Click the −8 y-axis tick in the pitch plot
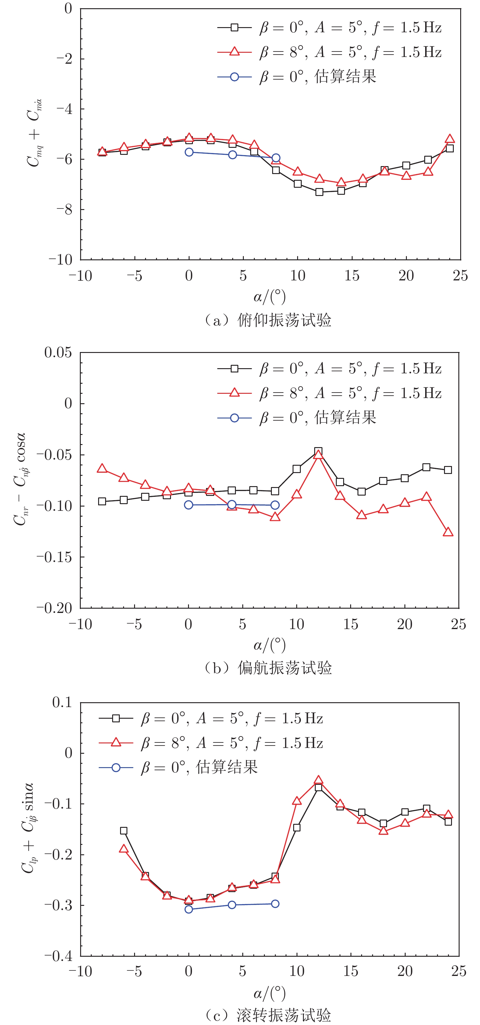click(x=64, y=210)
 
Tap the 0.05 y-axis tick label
click(x=58, y=353)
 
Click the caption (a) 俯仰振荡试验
click(x=267, y=320)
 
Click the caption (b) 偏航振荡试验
click(x=267, y=668)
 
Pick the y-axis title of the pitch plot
click(x=34, y=133)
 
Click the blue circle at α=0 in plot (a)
click(x=189, y=152)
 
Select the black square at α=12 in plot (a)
click(x=319, y=192)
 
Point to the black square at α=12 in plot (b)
click(x=318, y=451)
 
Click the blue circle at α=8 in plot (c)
click(x=275, y=904)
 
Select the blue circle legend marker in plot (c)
click(x=116, y=767)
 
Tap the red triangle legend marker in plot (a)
click(x=234, y=52)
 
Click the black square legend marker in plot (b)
click(x=234, y=368)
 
